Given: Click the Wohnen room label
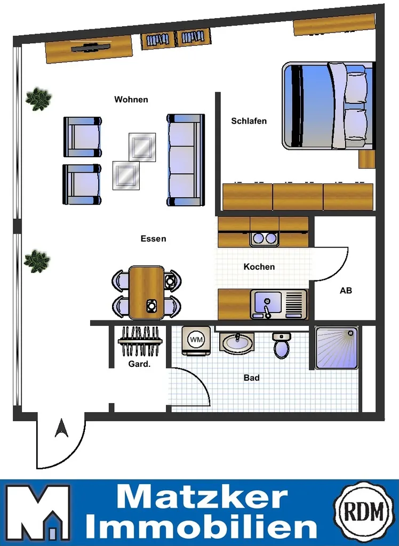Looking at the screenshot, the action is click(131, 100).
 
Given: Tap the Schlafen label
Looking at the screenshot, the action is click(249, 121).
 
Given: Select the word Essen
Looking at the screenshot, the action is click(153, 239).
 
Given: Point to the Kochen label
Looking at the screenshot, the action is click(259, 267).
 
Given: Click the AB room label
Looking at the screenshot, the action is click(346, 291).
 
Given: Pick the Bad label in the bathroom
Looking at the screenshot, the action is click(252, 378).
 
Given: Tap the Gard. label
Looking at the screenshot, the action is click(139, 364).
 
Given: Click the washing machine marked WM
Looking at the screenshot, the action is click(196, 340).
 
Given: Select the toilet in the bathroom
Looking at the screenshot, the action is click(282, 345).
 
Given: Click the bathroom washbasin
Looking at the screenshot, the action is click(237, 342).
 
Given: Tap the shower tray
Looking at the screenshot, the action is click(336, 348).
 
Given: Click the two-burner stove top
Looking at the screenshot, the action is click(264, 238).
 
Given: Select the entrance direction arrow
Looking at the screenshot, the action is click(61, 428).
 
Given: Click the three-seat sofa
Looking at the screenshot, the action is click(186, 159).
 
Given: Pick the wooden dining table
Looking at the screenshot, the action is click(146, 293).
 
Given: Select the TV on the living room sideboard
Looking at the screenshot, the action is click(91, 47).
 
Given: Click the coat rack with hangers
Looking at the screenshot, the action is click(140, 341).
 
